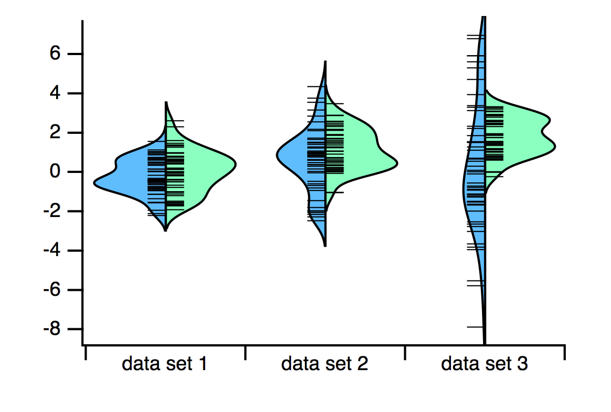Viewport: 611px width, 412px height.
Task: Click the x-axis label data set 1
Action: click(164, 364)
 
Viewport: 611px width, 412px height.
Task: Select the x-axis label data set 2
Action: click(324, 364)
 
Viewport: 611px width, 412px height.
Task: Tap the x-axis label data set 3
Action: click(484, 364)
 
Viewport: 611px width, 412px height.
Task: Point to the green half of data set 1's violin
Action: click(210, 165)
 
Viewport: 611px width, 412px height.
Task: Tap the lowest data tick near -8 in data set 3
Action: click(475, 327)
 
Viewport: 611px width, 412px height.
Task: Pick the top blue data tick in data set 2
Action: click(317, 86)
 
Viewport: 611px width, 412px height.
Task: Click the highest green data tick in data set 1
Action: click(175, 121)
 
